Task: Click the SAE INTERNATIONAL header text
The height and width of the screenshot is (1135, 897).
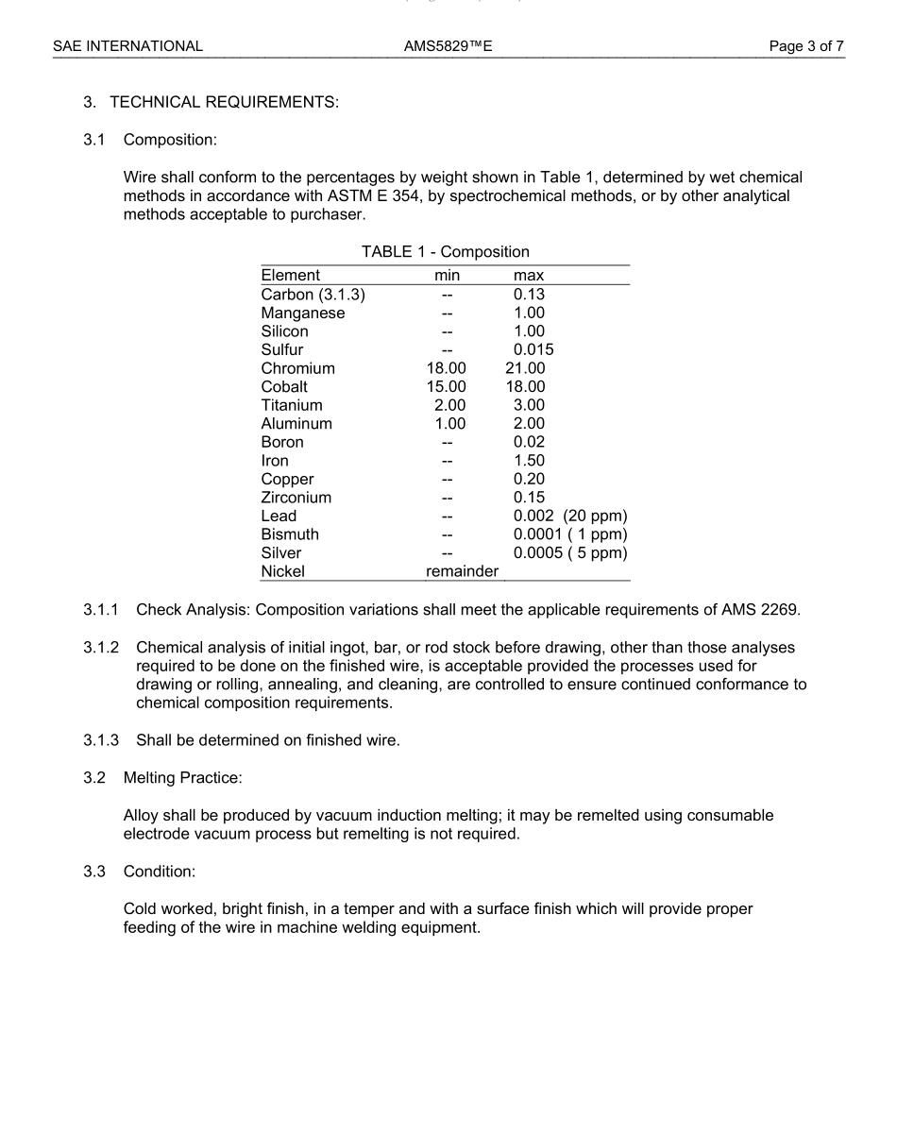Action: pos(127,45)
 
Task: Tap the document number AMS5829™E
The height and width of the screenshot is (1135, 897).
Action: pos(448,45)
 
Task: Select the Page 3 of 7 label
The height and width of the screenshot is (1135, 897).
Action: pos(806,45)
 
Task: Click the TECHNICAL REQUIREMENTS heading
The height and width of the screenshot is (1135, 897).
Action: pos(224,103)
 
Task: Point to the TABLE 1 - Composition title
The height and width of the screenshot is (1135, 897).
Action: pos(445,252)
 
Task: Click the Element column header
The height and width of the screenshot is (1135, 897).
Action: pos(291,276)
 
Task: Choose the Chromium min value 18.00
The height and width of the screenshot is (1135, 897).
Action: pos(446,368)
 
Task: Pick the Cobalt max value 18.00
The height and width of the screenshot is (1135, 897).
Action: pos(525,387)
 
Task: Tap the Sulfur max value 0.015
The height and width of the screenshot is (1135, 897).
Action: pos(533,350)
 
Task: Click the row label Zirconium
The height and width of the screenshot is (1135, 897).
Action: pos(296,498)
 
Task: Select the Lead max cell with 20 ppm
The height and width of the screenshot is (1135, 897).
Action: pos(570,516)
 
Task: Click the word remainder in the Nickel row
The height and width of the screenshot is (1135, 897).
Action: pos(462,571)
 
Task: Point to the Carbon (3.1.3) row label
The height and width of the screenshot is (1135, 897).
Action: pos(313,295)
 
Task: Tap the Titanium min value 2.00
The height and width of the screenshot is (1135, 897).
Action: pos(448,405)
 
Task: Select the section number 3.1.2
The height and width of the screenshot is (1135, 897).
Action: pos(101,648)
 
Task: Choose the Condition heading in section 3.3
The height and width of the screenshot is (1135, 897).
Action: pos(159,871)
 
